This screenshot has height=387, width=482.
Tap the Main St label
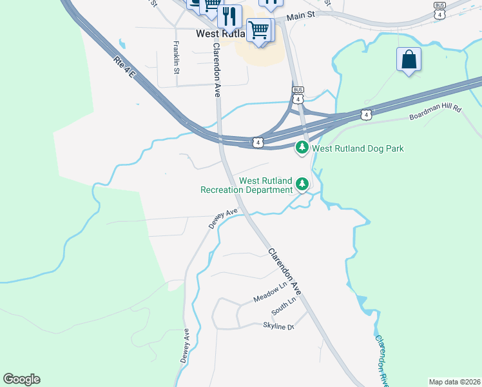303,15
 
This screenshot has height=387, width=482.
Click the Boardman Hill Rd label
436,114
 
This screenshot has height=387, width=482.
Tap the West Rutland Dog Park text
358,148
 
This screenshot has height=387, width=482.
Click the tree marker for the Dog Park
302,148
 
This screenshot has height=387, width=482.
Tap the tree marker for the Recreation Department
302,185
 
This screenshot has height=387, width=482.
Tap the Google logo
22,379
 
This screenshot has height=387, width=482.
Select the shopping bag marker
409,59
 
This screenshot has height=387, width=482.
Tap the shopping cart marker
259,29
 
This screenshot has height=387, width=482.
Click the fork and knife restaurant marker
229,15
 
